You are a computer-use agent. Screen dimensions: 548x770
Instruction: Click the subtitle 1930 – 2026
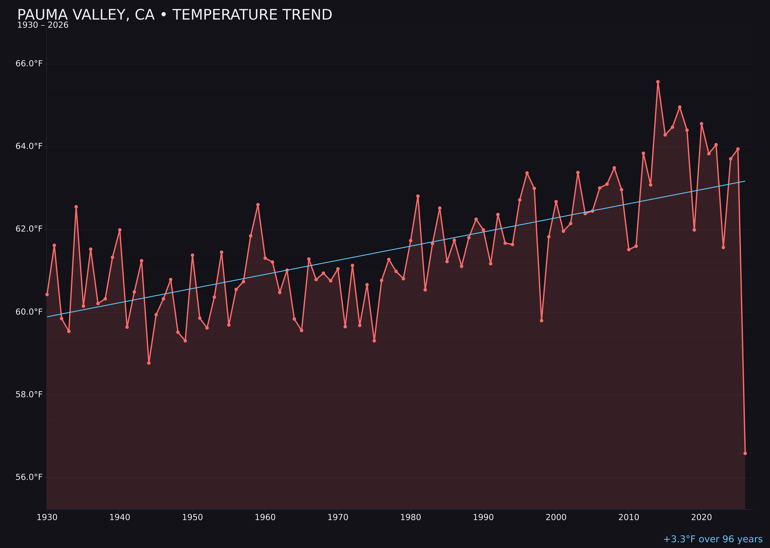point(43,25)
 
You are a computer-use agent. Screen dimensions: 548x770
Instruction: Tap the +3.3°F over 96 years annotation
point(713,539)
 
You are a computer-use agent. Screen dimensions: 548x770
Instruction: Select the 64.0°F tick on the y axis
point(29,146)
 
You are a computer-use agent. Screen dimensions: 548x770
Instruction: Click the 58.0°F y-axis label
point(29,394)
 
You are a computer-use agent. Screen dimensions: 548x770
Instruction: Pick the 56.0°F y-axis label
point(29,477)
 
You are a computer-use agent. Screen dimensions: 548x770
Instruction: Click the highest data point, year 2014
point(658,82)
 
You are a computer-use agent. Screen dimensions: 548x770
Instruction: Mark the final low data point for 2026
point(745,453)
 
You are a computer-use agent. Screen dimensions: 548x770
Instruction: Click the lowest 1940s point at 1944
point(149,363)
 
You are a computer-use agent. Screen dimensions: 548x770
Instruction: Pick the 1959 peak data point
point(258,204)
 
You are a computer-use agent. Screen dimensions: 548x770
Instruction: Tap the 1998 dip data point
point(542,321)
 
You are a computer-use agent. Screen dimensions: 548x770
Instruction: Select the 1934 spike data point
point(76,207)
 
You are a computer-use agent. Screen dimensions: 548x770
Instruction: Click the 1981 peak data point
point(418,196)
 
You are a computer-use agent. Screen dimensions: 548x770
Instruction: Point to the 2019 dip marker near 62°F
point(694,230)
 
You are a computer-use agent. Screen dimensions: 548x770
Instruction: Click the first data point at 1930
point(47,294)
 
